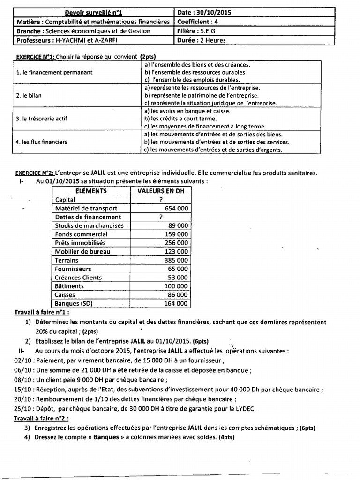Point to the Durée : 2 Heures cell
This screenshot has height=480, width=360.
202,40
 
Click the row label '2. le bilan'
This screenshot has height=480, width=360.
29,95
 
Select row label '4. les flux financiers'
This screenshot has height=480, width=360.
41,142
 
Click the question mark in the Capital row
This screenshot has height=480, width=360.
161,200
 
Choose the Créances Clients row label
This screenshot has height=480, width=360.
78,277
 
